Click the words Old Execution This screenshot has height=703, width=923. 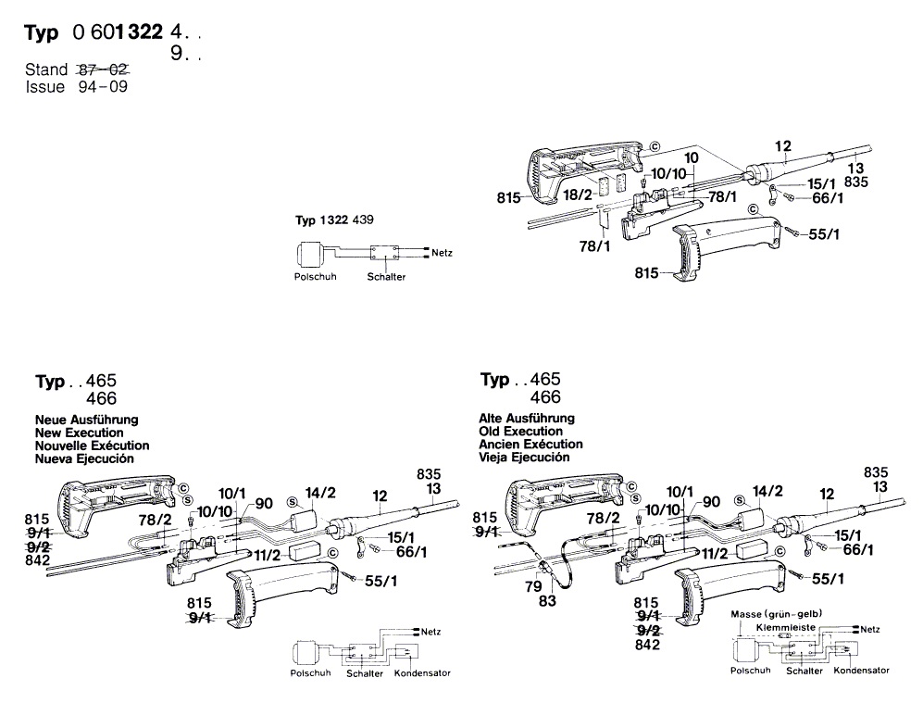(x=520, y=432)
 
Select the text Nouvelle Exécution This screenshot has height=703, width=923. (x=92, y=446)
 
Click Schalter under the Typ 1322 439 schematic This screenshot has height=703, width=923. (x=386, y=277)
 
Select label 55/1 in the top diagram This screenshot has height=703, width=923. (x=823, y=236)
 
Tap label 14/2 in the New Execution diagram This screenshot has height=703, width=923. (x=319, y=493)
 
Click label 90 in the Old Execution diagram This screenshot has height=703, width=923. (x=711, y=502)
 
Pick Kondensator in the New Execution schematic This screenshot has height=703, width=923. (x=422, y=673)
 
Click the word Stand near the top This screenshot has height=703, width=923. (x=46, y=69)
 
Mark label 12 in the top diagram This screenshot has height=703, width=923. (x=783, y=146)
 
